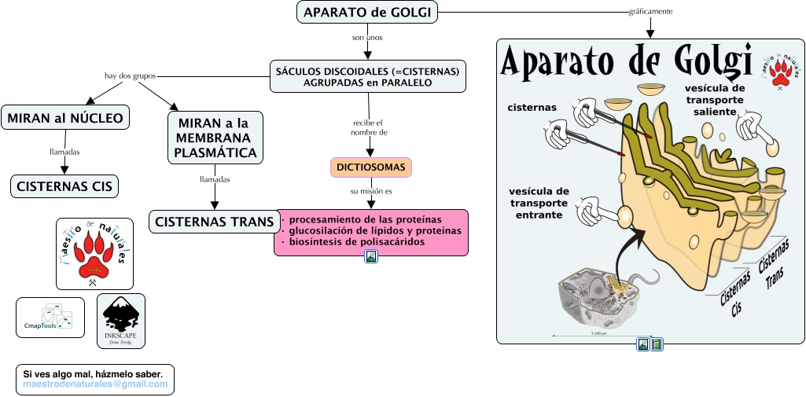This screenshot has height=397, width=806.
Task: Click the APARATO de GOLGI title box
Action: pyautogui.click(x=368, y=12)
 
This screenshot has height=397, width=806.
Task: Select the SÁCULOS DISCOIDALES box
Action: pyautogui.click(x=367, y=76)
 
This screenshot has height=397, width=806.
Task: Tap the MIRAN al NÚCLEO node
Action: pyautogui.click(x=65, y=118)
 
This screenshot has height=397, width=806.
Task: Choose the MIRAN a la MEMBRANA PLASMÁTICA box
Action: pyautogui.click(x=214, y=137)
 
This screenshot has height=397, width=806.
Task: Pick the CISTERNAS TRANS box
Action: pyautogui.click(x=214, y=222)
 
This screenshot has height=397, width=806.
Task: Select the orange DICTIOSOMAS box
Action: pyautogui.click(x=370, y=167)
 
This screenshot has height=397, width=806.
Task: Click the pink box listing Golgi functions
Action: pyautogui.click(x=371, y=231)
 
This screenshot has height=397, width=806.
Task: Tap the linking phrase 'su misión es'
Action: pyautogui.click(x=371, y=191)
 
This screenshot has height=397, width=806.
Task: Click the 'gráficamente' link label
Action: pyautogui.click(x=650, y=12)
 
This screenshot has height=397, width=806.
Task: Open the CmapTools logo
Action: pyautogui.click(x=50, y=318)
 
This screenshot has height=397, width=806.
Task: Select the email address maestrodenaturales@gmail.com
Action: pyautogui.click(x=95, y=384)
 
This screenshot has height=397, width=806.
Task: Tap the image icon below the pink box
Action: pyautogui.click(x=371, y=255)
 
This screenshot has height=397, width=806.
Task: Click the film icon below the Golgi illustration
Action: pyautogui.click(x=657, y=344)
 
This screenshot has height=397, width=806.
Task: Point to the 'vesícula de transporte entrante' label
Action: pyautogui.click(x=539, y=203)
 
